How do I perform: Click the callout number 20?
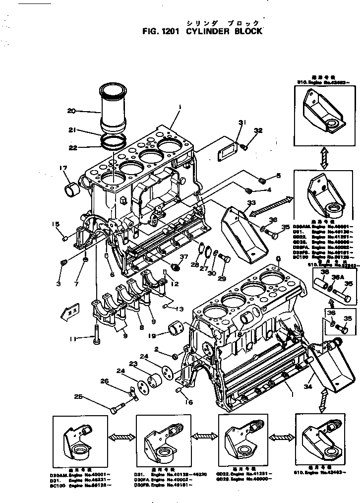point(71,111)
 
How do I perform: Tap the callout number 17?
point(64,168)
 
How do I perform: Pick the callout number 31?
point(241,122)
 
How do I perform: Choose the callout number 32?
point(258,130)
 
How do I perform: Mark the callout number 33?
point(251,202)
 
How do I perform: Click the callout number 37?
point(183,256)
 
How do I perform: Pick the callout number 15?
point(56,224)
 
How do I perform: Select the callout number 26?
point(104,381)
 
